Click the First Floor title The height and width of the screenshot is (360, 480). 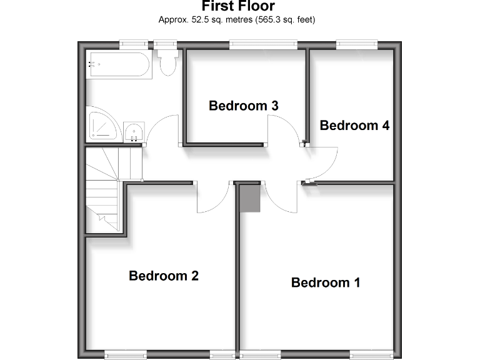point(237,7)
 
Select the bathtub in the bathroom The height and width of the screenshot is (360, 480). point(119,65)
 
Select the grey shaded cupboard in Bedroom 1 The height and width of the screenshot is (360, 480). point(250,198)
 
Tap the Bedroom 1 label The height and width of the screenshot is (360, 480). point(326,282)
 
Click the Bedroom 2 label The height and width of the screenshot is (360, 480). point(164,276)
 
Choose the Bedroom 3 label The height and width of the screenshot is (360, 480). point(243,106)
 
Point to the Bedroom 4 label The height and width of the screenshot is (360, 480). point(354,126)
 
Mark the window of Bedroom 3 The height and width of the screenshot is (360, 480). point(262,44)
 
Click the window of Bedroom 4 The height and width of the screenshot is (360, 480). point(357,44)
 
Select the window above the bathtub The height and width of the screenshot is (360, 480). point(134,44)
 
